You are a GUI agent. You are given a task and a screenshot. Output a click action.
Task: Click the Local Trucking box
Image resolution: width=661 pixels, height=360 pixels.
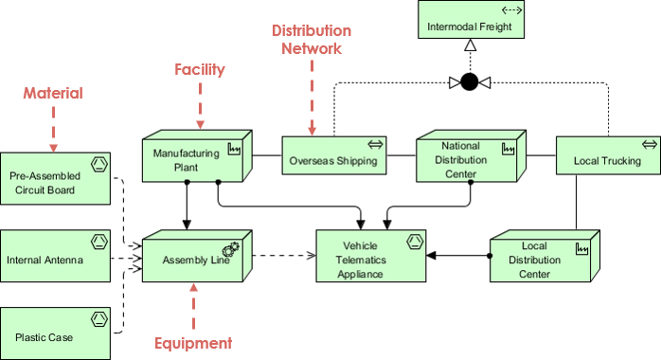pyautogui.click(x=606, y=159)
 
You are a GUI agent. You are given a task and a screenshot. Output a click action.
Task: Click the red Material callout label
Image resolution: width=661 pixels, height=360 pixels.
pyautogui.click(x=53, y=93)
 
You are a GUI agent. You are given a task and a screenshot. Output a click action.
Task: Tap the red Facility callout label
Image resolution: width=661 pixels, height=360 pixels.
pyautogui.click(x=199, y=69)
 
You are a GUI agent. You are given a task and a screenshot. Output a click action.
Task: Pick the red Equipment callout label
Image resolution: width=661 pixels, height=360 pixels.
pyautogui.click(x=193, y=343)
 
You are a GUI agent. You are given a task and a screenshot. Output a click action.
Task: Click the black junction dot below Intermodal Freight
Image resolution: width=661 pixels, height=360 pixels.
pyautogui.click(x=469, y=82)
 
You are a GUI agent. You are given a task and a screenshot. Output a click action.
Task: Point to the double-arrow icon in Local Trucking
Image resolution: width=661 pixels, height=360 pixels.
pyautogui.click(x=649, y=144)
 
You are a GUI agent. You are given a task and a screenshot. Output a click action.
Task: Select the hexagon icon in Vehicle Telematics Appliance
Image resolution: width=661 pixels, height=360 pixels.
pyautogui.click(x=413, y=242)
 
